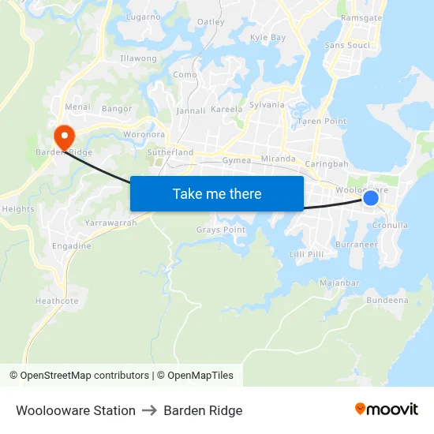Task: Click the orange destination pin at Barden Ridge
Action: (63, 135)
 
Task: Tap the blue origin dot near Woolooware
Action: (370, 198)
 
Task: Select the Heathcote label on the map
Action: (57, 301)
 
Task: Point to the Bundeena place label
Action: (387, 300)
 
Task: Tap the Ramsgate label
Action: (361, 18)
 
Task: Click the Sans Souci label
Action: (347, 46)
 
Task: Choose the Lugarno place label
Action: (143, 17)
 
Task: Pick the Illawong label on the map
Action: (138, 58)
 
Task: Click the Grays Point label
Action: (221, 230)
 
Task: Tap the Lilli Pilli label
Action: (307, 254)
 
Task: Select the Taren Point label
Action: (321, 122)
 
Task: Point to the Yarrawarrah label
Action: (112, 223)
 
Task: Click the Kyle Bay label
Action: (268, 37)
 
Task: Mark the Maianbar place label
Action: (340, 282)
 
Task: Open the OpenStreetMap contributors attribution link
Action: (84, 376)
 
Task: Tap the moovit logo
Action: (386, 410)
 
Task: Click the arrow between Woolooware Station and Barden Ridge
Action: (149, 411)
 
